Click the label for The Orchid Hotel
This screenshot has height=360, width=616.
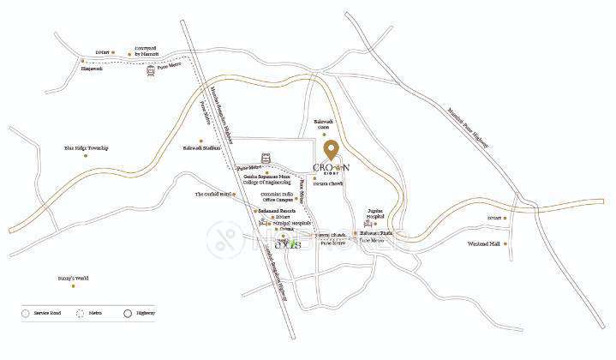[x=213, y=195]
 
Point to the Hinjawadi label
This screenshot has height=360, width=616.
[x=92, y=69]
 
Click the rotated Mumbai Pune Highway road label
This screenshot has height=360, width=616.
[x=470, y=129]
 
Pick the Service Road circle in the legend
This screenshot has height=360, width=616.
[x=27, y=313]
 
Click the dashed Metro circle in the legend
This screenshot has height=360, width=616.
[x=81, y=313]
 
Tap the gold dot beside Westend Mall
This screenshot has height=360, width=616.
[x=506, y=244]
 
